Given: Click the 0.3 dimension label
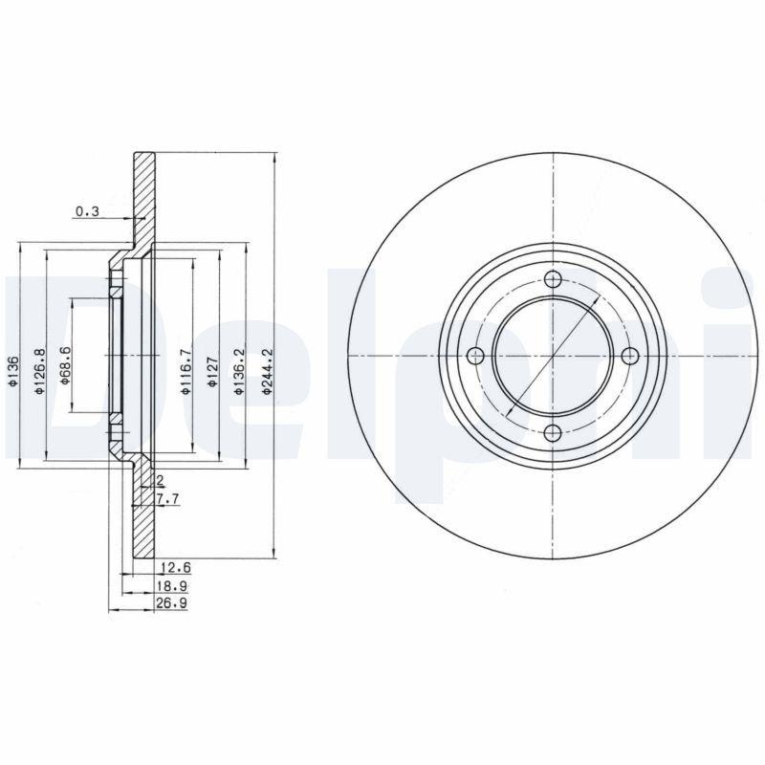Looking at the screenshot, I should click(87, 211).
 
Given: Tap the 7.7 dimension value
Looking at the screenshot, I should click(167, 499).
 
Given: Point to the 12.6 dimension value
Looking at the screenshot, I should click(173, 567).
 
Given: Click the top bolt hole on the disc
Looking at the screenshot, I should click(553, 279).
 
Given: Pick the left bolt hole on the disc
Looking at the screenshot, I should click(475, 357).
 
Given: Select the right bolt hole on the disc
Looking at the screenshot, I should click(629, 357).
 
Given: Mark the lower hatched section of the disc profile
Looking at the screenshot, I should click(143, 516).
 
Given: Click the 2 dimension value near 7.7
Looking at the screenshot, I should click(159, 480).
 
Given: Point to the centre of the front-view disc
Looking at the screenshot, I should click(553, 357).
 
